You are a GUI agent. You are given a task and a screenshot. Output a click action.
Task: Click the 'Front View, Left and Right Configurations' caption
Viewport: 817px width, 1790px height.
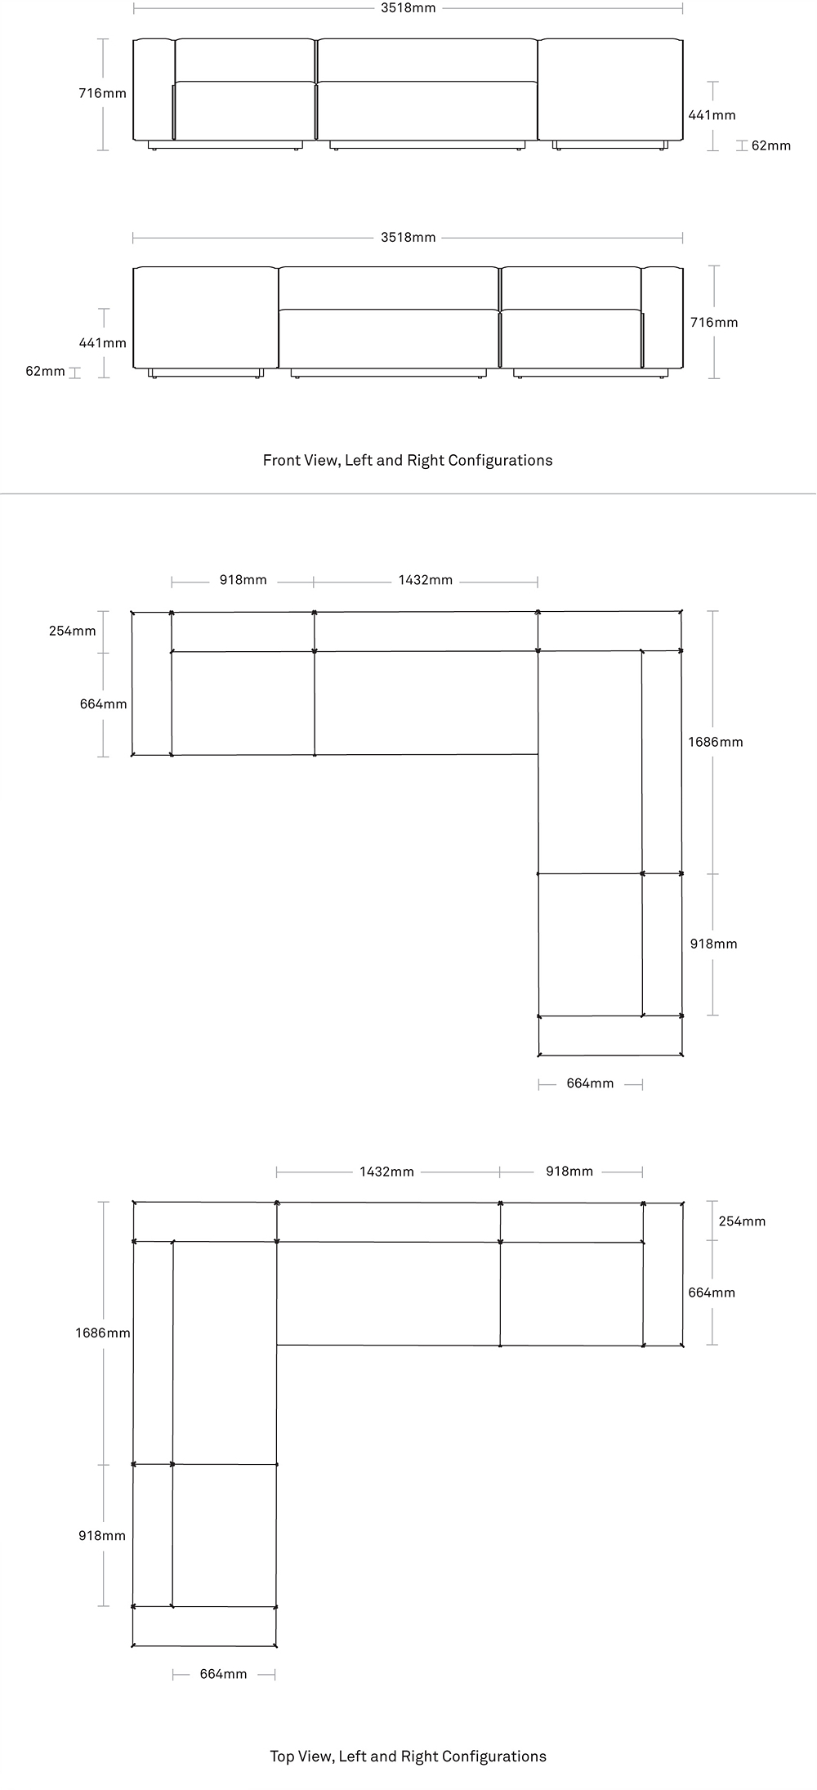click(x=408, y=460)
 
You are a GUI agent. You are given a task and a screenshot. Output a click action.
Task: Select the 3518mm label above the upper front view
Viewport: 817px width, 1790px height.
click(x=408, y=8)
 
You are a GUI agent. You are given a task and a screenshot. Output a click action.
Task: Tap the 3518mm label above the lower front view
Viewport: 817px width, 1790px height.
click(x=408, y=238)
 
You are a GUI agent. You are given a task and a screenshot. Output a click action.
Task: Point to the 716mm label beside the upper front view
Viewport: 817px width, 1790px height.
click(x=102, y=93)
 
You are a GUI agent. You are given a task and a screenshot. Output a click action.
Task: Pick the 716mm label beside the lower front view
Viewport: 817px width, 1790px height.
click(x=714, y=322)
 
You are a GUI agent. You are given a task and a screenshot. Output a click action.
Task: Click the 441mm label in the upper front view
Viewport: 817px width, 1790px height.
click(x=712, y=115)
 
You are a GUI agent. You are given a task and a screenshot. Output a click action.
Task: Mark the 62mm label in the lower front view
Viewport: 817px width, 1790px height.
click(x=45, y=371)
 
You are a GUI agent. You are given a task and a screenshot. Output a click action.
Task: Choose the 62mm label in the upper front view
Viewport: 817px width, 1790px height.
click(x=771, y=145)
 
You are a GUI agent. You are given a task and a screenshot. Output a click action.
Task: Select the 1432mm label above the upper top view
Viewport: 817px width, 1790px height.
click(x=425, y=580)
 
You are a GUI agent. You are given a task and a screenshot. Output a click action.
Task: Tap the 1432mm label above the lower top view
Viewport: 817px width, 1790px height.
click(x=386, y=1172)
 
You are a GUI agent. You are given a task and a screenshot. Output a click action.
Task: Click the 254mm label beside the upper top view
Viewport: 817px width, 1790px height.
click(x=72, y=631)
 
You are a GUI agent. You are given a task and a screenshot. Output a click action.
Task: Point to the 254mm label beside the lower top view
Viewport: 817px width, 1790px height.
click(x=742, y=1221)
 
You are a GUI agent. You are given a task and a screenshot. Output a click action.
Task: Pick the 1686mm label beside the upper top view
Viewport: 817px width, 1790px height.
click(x=715, y=742)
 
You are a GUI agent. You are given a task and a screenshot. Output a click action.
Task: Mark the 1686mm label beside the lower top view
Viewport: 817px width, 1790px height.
click(x=103, y=1332)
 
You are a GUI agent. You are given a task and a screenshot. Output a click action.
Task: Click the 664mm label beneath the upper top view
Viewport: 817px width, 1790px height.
click(x=590, y=1083)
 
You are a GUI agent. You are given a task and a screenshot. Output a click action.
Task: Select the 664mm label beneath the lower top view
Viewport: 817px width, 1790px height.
click(x=223, y=1674)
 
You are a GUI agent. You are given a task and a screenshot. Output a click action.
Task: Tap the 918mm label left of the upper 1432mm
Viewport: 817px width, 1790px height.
click(x=243, y=580)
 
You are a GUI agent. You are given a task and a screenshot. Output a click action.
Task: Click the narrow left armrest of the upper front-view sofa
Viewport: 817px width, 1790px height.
click(x=154, y=89)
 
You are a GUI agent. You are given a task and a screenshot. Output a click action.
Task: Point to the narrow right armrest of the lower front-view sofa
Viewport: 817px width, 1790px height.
click(x=662, y=317)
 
